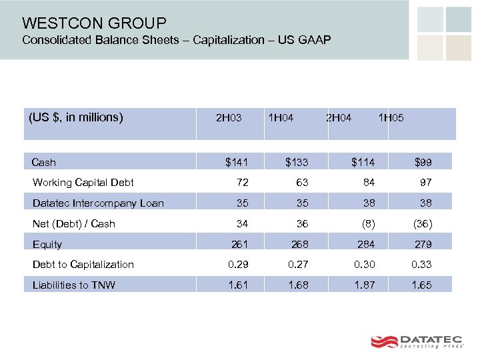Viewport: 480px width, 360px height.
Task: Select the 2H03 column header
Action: coord(229,118)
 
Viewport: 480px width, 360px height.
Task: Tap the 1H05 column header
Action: coord(391,118)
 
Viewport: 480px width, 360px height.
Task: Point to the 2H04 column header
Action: coord(339,118)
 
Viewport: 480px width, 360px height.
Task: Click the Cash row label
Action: coord(44,162)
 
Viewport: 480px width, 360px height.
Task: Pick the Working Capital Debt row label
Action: coord(83,183)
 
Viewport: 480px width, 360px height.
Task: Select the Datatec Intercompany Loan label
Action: coord(98,203)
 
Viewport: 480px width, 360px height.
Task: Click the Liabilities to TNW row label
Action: coord(73,285)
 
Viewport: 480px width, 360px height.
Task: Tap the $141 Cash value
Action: coord(237,162)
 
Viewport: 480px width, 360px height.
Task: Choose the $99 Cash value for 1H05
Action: coord(423,162)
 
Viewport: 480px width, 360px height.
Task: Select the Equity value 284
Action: coord(365,245)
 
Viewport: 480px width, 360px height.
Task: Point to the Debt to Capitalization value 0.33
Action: coord(421,265)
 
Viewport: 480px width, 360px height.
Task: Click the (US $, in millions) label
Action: coord(76,118)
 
